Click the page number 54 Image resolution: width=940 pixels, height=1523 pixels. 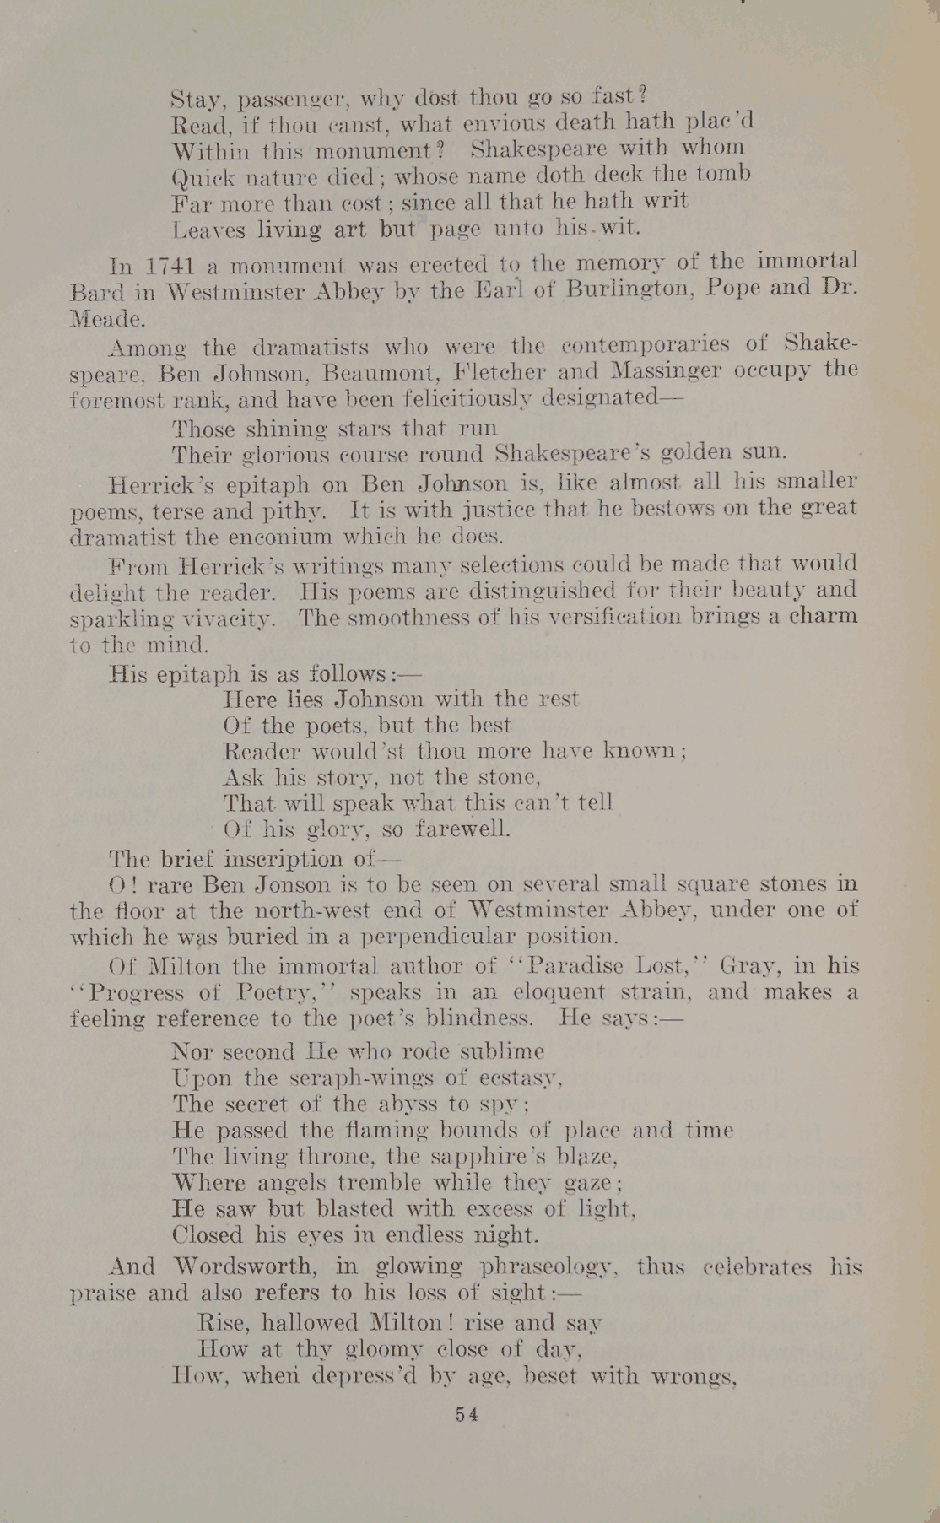click(467, 1414)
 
